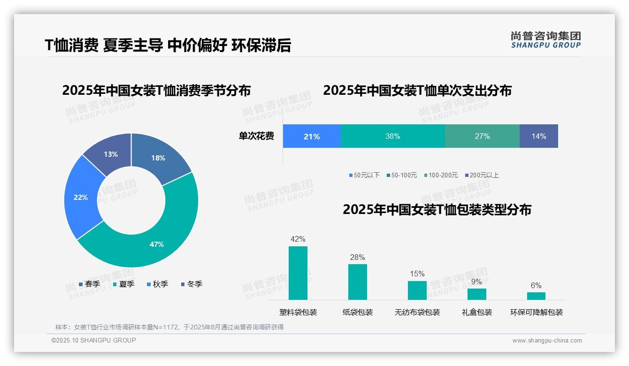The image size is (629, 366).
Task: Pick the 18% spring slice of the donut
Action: pyautogui.click(x=159, y=158)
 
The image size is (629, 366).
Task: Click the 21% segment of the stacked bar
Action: pyautogui.click(x=312, y=137)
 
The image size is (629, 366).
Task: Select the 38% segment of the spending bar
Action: pyautogui.click(x=392, y=137)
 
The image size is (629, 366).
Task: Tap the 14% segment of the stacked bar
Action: pyautogui.click(x=538, y=137)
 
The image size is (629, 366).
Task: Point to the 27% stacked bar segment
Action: pyautogui.click(x=482, y=137)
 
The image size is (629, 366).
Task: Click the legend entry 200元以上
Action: pyautogui.click(x=482, y=175)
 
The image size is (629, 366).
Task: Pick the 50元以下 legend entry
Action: pyautogui.click(x=364, y=175)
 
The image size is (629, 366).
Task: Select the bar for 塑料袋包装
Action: pyautogui.click(x=298, y=273)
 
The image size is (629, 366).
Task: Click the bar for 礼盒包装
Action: pyautogui.click(x=476, y=294)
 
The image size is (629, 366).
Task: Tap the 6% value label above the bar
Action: pyautogui.click(x=536, y=285)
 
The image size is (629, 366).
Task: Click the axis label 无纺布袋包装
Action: pyautogui.click(x=417, y=313)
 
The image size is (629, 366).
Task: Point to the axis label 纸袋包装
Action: pyautogui.click(x=358, y=313)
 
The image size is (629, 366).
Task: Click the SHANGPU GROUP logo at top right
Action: pyautogui.click(x=545, y=39)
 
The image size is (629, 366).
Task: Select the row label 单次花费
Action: pyautogui.click(x=256, y=137)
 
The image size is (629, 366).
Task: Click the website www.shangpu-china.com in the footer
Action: pyautogui.click(x=547, y=341)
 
